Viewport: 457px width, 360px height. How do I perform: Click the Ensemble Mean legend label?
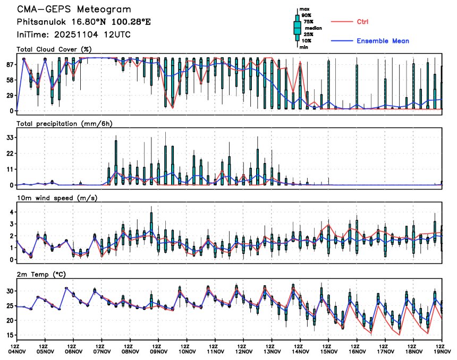[383, 41]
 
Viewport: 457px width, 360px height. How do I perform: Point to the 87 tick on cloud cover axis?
[9, 65]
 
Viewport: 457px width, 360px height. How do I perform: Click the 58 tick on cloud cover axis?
[9, 80]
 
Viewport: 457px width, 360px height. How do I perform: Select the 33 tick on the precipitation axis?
[9, 138]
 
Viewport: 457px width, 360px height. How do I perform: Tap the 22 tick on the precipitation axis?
[9, 153]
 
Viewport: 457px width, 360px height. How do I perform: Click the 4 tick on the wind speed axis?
[11, 212]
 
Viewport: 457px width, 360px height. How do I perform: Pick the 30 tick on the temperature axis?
[9, 291]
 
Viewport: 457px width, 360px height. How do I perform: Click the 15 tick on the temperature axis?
[9, 335]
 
